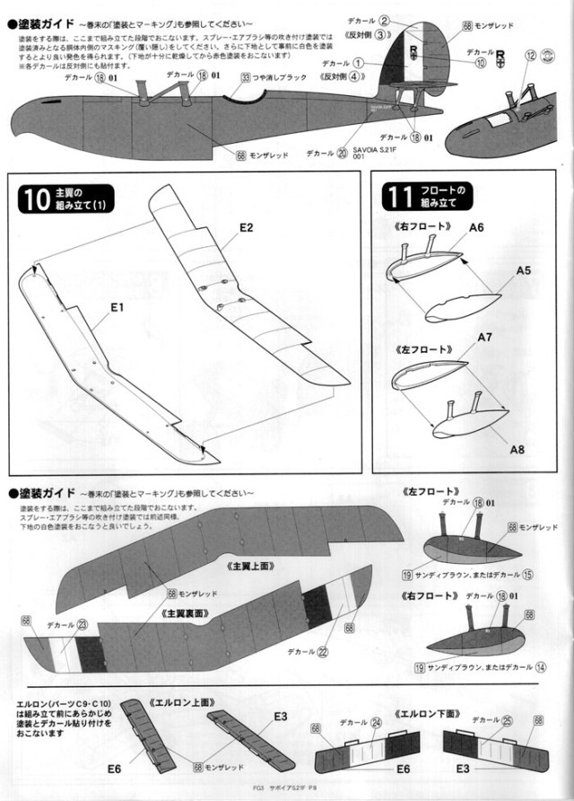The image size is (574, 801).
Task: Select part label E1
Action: [117, 307]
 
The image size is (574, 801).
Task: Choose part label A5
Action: [523, 269]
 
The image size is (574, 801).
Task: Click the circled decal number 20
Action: [341, 154]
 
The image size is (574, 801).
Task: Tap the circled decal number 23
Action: [82, 626]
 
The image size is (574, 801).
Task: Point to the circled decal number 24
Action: [375, 721]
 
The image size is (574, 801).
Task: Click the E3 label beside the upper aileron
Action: [280, 716]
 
